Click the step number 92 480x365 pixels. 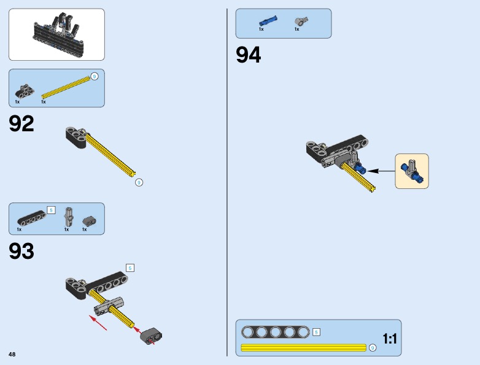pyautogui.click(x=21, y=123)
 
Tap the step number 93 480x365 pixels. pyautogui.click(x=21, y=251)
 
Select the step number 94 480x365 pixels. pyautogui.click(x=248, y=55)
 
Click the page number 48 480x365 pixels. pyautogui.click(x=12, y=355)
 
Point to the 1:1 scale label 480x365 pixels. pyautogui.click(x=390, y=339)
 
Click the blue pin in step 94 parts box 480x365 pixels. pyautogui.click(x=268, y=21)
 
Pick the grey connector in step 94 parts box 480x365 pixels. pyautogui.click(x=301, y=21)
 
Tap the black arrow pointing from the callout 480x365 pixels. pyautogui.click(x=381, y=171)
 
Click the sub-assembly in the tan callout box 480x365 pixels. pyautogui.click(x=412, y=171)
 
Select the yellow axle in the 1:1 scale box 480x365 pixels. pyautogui.click(x=303, y=348)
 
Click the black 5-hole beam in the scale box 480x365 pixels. pyautogui.click(x=275, y=332)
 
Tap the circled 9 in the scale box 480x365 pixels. pyautogui.click(x=372, y=348)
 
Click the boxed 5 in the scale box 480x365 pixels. pyautogui.click(x=316, y=332)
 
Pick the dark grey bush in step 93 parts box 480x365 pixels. pyautogui.click(x=90, y=221)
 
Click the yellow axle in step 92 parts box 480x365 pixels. pyautogui.click(x=66, y=87)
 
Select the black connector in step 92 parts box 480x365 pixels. pyautogui.click(x=25, y=91)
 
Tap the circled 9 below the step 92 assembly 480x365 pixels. pyautogui.click(x=139, y=183)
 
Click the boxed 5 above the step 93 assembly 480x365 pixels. pyautogui.click(x=130, y=268)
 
